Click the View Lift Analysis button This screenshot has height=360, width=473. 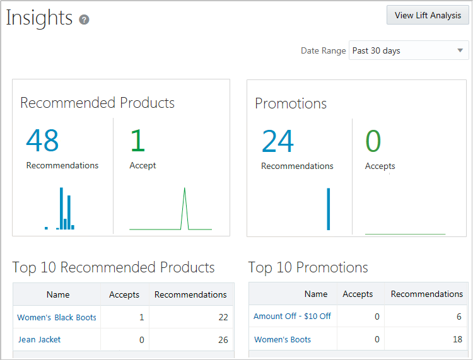pyautogui.click(x=428, y=15)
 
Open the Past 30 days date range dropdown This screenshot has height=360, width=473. pyautogui.click(x=409, y=50)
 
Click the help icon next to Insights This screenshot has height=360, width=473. pyautogui.click(x=84, y=20)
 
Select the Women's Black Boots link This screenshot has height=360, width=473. pyautogui.click(x=57, y=317)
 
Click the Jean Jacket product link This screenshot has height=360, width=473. pyautogui.click(x=40, y=339)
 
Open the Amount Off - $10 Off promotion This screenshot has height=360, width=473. pyautogui.click(x=292, y=316)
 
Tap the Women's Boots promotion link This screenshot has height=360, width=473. pyautogui.click(x=283, y=339)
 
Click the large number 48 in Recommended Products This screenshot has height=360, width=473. pyautogui.click(x=42, y=141)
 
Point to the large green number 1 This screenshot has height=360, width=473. pyautogui.click(x=137, y=141)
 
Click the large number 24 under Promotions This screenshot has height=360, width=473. pyautogui.click(x=277, y=141)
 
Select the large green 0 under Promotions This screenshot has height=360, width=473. pyautogui.click(x=373, y=141)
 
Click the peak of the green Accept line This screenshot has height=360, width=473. pyautogui.click(x=185, y=189)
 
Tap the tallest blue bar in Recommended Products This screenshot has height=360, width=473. pyautogui.click(x=61, y=208)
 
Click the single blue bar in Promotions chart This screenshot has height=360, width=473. pyautogui.click(x=328, y=209)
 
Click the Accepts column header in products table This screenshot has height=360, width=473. pyautogui.click(x=124, y=294)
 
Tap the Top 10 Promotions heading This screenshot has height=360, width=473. pyautogui.click(x=308, y=267)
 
